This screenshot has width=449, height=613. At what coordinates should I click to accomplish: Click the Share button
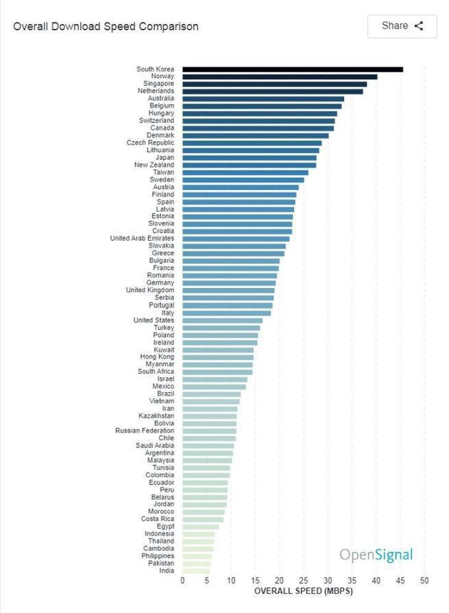point(402,26)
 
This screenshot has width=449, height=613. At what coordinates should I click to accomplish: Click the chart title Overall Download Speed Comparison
point(106,27)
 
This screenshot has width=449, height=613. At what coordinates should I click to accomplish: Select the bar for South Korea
point(292,69)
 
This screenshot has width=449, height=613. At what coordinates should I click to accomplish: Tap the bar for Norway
point(280,77)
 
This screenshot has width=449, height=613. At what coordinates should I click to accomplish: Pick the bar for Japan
point(250,158)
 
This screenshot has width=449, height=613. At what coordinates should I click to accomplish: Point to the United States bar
point(222,320)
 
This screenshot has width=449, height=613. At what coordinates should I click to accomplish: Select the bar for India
point(196,570)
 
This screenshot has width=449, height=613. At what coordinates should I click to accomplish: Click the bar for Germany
point(229,283)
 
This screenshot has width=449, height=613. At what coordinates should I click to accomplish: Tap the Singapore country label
point(158,84)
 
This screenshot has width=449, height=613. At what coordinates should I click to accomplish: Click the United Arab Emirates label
point(142,239)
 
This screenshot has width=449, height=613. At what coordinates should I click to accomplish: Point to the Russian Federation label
point(145,431)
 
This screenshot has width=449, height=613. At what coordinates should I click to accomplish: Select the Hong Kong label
point(157,357)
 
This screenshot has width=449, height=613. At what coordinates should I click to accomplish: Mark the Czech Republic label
point(150,143)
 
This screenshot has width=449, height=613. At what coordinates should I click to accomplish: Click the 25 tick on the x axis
point(304,581)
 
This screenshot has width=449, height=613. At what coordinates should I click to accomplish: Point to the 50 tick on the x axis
point(424,581)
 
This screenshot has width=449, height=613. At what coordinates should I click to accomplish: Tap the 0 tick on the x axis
point(182,581)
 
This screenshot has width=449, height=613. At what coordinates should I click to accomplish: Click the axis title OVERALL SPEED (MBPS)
point(304,590)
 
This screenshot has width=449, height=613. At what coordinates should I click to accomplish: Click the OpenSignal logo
point(376,555)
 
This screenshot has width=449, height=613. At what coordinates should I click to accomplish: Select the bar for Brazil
point(211,394)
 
